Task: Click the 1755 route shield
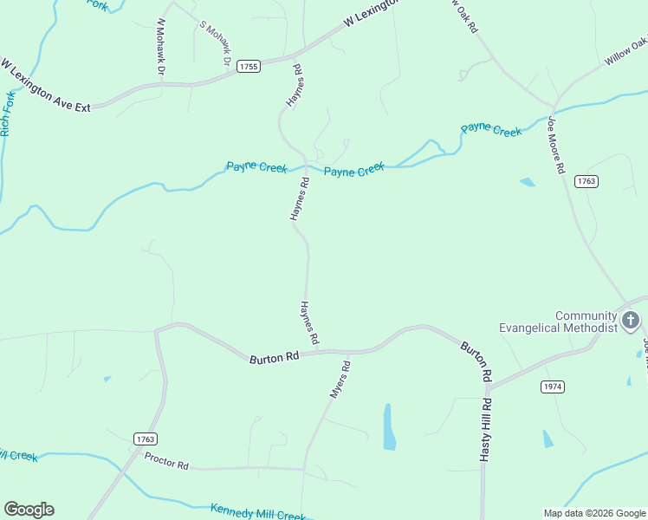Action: pos(249,67)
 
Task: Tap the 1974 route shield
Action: pos(552,386)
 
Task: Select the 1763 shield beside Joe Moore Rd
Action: pos(586,181)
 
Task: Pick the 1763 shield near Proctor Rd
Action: pos(146,440)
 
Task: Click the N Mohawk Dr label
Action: pos(160,46)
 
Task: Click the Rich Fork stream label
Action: pos(9,113)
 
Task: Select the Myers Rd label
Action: pos(340,380)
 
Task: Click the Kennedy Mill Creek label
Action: pos(258,512)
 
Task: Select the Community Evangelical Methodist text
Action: pos(558,322)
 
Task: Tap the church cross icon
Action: pos(631,322)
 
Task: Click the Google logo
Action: pos(29,510)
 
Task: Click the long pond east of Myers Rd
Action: pos(389,426)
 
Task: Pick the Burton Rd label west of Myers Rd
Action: pos(274,357)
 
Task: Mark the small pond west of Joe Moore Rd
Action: pos(527,182)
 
